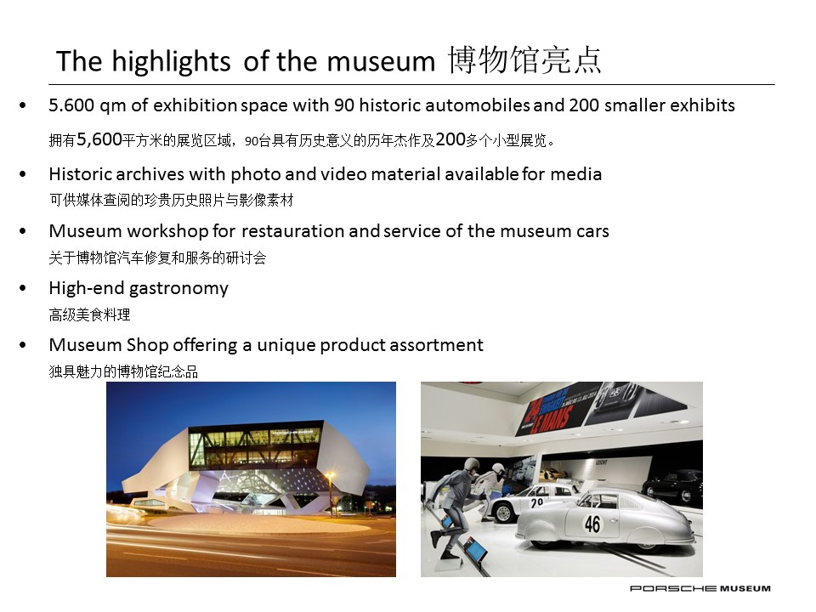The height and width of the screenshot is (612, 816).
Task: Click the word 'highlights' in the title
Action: [x=171, y=62]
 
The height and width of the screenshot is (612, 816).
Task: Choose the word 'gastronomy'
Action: [x=179, y=289]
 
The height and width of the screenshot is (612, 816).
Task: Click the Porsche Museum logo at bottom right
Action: [x=700, y=588]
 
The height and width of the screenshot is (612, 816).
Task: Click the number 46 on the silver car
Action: [x=592, y=524]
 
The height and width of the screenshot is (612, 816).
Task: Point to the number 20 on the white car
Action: [x=537, y=502]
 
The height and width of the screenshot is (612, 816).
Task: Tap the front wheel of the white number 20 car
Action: [x=503, y=513]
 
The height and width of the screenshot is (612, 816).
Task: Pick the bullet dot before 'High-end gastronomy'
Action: [x=22, y=288]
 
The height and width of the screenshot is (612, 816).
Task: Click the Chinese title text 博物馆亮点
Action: [x=524, y=60]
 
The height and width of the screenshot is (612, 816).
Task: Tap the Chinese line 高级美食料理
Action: [x=89, y=314]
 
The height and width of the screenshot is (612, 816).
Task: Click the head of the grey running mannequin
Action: [x=473, y=464]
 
